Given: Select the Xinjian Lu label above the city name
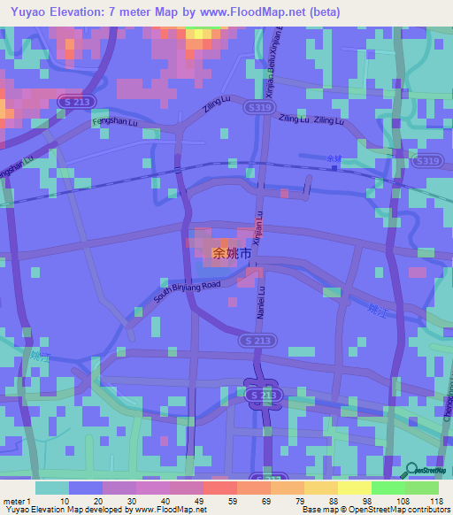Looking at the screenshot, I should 258,227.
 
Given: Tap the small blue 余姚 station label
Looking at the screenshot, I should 333,158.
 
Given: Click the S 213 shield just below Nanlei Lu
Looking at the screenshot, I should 257,340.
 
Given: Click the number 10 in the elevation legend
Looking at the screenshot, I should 70,500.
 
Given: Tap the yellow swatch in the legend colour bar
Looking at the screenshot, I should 354,487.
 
